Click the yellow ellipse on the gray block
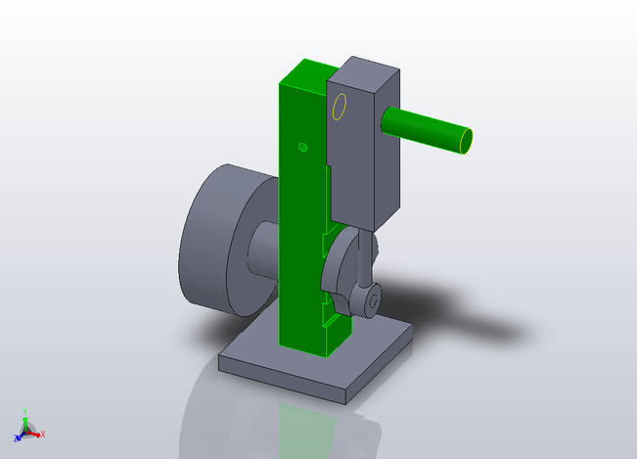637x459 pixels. click(x=340, y=108)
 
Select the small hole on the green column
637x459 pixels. click(x=302, y=147)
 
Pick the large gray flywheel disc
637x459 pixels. click(x=215, y=240)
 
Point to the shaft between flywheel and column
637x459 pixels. click(x=262, y=251)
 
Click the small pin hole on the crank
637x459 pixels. click(x=373, y=301)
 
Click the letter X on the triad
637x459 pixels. click(x=43, y=434)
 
